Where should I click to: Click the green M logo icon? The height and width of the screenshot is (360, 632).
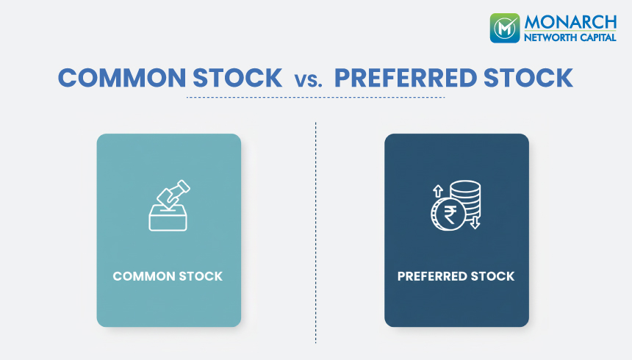pyautogui.click(x=505, y=27)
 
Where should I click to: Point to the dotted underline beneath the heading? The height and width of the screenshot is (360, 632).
pyautogui.click(x=315, y=97)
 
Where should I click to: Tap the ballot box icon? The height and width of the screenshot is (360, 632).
pyautogui.click(x=168, y=218)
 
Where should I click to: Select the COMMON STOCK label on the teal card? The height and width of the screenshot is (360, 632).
pyautogui.click(x=168, y=277)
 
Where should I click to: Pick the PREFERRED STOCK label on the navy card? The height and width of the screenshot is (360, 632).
pyautogui.click(x=456, y=277)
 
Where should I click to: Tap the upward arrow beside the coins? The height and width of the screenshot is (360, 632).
pyautogui.click(x=436, y=190)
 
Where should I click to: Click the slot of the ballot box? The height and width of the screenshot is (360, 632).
pyautogui.click(x=168, y=207)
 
